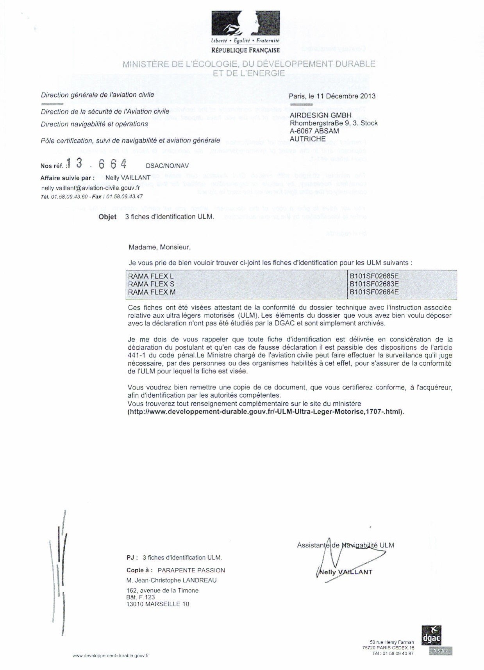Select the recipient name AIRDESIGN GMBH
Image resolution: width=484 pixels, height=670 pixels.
click(320, 115)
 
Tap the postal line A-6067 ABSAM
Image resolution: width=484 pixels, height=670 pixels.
click(314, 131)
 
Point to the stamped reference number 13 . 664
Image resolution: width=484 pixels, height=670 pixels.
click(96, 164)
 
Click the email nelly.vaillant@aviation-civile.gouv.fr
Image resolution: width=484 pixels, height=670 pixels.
click(91, 187)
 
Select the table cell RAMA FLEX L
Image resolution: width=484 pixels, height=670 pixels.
click(151, 276)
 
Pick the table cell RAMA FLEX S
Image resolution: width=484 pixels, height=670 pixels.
click(151, 284)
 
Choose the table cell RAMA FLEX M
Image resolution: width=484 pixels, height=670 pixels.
click(152, 292)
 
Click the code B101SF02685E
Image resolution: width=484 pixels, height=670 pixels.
click(374, 276)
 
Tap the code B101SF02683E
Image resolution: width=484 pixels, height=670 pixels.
click(374, 284)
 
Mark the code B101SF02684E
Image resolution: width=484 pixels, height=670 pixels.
click(374, 292)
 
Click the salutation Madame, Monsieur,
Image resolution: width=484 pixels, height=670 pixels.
click(159, 247)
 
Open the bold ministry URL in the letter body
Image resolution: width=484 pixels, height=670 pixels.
click(266, 412)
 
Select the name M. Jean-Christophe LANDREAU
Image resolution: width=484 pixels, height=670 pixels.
click(171, 580)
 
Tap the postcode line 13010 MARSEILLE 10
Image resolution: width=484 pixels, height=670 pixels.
click(158, 604)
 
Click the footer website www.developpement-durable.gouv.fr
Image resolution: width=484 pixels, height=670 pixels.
click(111, 656)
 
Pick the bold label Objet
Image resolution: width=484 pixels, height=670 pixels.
click(107, 217)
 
